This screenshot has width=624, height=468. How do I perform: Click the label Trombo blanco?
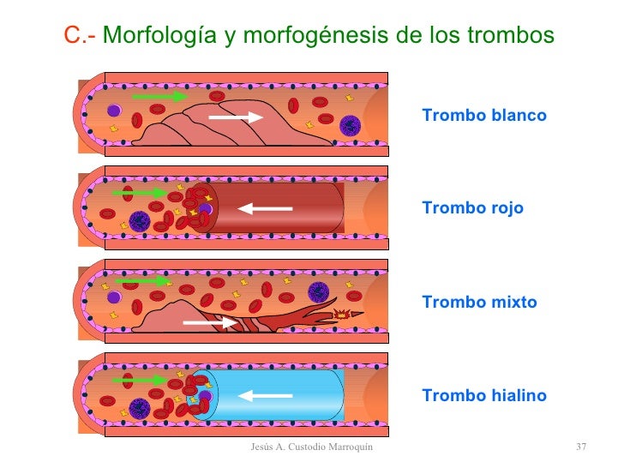pos(484,115)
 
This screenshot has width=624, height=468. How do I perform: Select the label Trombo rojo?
pos(472,208)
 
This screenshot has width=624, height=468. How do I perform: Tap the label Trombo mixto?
pos(479,303)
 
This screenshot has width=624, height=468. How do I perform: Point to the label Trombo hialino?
pos(483,396)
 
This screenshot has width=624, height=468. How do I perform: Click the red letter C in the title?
pos(72,36)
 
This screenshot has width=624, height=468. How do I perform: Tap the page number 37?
pos(580,447)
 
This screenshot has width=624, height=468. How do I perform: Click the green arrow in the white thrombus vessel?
pos(159,97)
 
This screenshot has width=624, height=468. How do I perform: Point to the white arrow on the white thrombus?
pos(236,117)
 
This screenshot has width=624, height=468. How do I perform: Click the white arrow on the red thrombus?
pos(266,207)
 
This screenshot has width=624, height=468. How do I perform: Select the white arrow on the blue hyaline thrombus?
pos(266,395)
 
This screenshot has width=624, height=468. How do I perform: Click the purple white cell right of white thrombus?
pos(349,126)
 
